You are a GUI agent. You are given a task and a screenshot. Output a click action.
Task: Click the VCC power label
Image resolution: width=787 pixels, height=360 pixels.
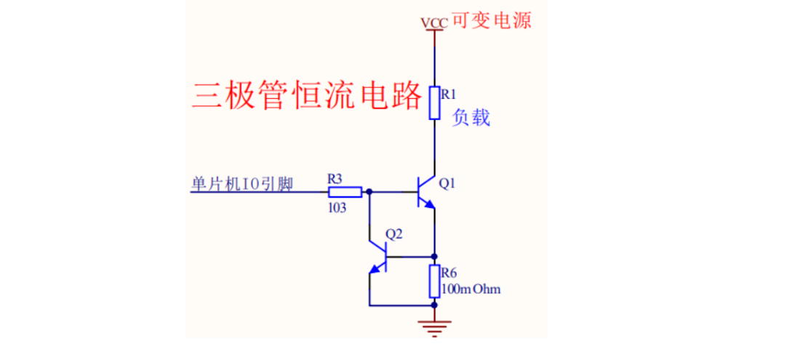pos(434,23)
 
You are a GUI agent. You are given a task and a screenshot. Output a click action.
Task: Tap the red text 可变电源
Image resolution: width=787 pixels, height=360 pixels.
pos(491,20)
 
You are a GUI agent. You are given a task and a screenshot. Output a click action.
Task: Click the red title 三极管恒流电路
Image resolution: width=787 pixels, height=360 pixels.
pos(306,95)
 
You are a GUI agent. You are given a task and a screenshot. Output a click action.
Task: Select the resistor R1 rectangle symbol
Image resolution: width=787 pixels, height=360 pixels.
pos(434,103)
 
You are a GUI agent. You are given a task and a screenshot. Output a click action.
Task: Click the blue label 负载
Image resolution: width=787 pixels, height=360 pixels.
pos(471,118)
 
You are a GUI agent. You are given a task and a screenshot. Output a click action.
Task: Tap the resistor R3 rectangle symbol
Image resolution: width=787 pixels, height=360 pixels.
pos(345,192)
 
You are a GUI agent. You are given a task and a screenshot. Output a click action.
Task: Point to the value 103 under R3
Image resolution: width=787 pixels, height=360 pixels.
pos(337,207)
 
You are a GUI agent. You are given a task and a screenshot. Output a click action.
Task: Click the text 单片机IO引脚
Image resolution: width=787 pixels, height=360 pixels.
pos(240,185)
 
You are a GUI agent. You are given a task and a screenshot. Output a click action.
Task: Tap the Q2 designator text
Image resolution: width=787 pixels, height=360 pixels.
pos(393,234)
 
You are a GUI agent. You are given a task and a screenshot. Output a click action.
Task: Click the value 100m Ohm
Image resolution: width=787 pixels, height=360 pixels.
pos(471,289)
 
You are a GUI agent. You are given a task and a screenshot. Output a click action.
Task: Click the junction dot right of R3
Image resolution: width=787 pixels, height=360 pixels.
pos(369,192)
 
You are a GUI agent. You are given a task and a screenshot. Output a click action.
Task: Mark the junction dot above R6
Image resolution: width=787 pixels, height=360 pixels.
pos(434,257)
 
